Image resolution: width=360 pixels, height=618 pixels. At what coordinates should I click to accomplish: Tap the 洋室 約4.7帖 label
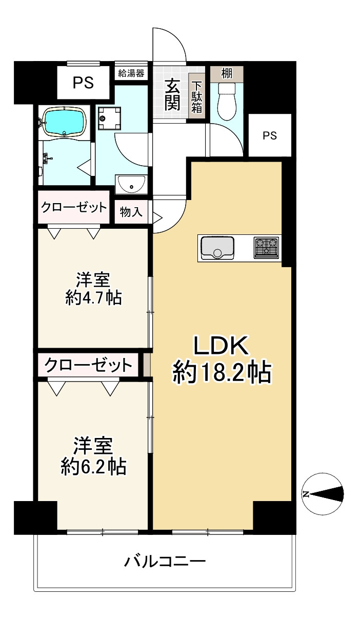click(x=93, y=289)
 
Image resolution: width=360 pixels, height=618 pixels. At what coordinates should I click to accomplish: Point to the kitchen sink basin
click(x=217, y=248)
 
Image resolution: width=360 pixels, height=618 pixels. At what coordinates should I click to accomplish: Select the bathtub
click(x=64, y=122)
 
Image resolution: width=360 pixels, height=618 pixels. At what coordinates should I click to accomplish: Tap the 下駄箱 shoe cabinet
click(x=197, y=95)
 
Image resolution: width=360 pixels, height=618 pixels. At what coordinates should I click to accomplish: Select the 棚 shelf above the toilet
click(x=226, y=72)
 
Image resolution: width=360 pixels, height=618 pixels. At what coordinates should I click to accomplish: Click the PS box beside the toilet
click(x=269, y=135)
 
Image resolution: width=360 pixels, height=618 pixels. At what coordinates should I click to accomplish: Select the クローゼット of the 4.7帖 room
click(x=74, y=208)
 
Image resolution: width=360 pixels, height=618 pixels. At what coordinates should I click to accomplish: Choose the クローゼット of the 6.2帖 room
click(x=88, y=366)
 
